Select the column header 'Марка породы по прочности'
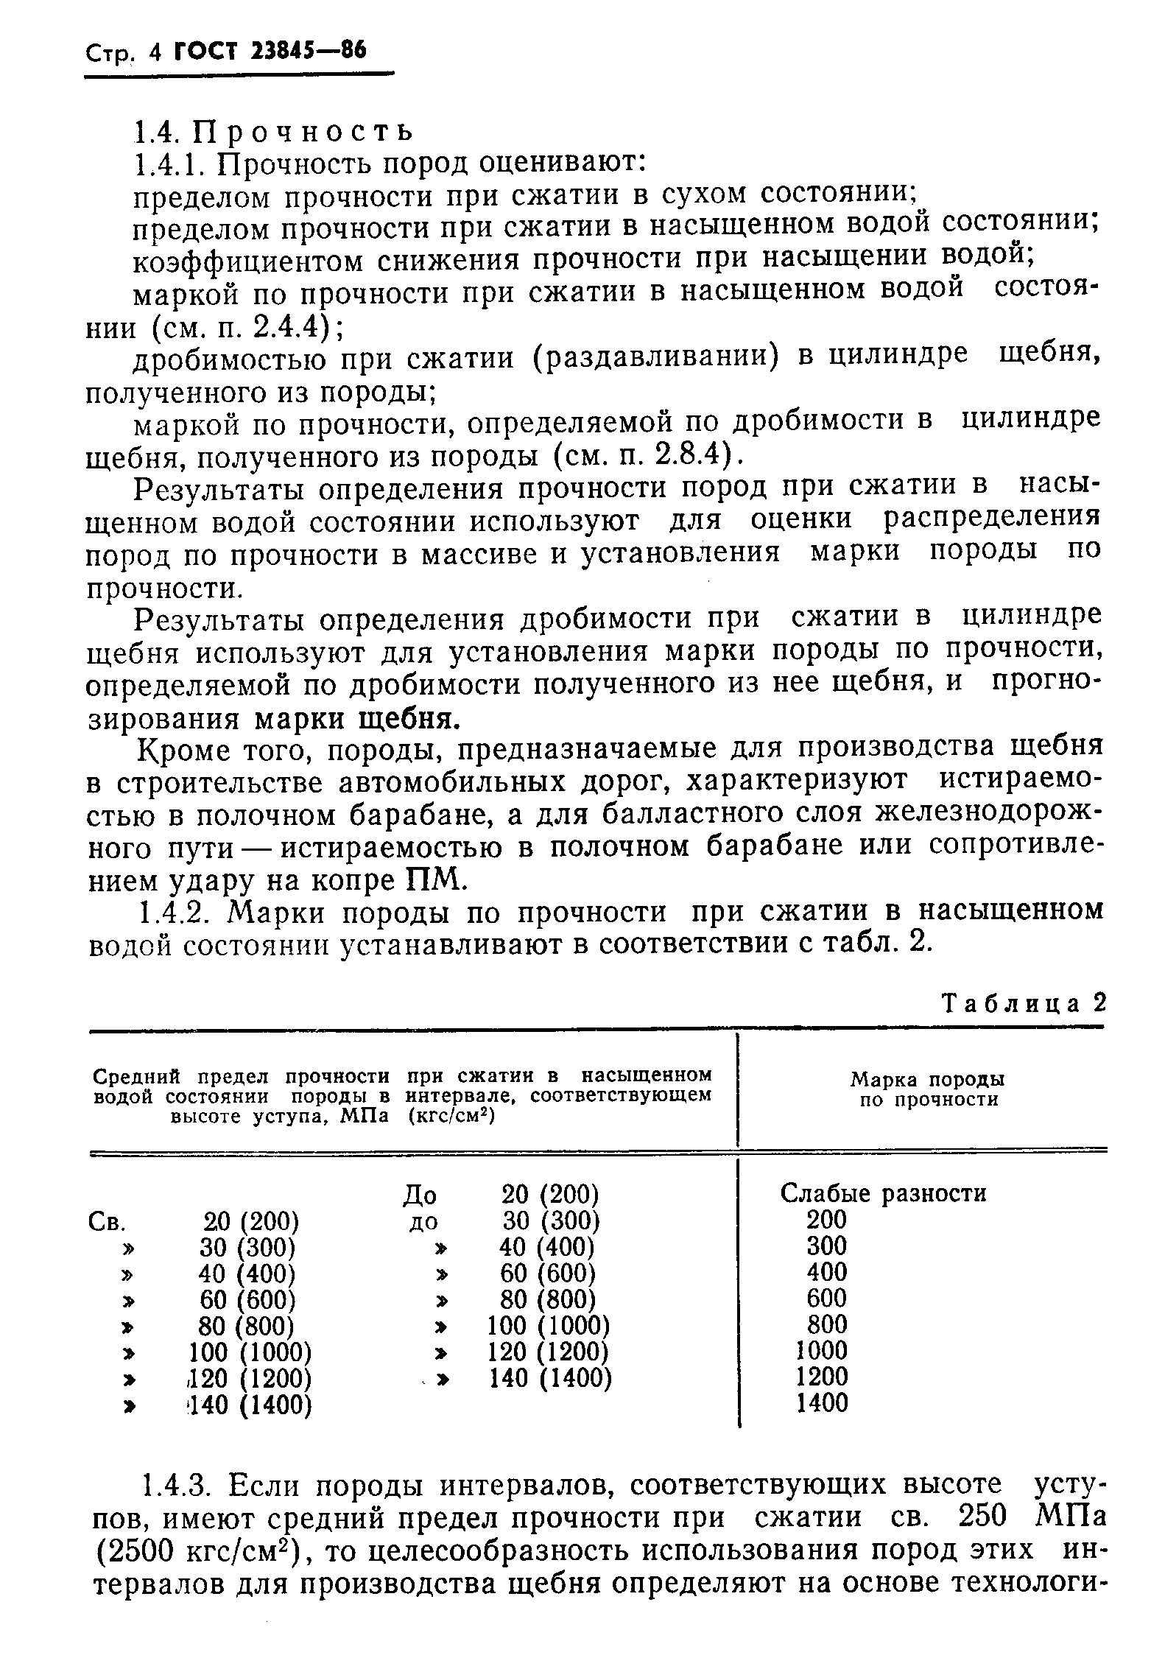point(928,1089)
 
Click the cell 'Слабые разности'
point(883,1192)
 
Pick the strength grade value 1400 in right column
point(823,1403)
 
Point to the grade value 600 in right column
point(827,1298)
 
